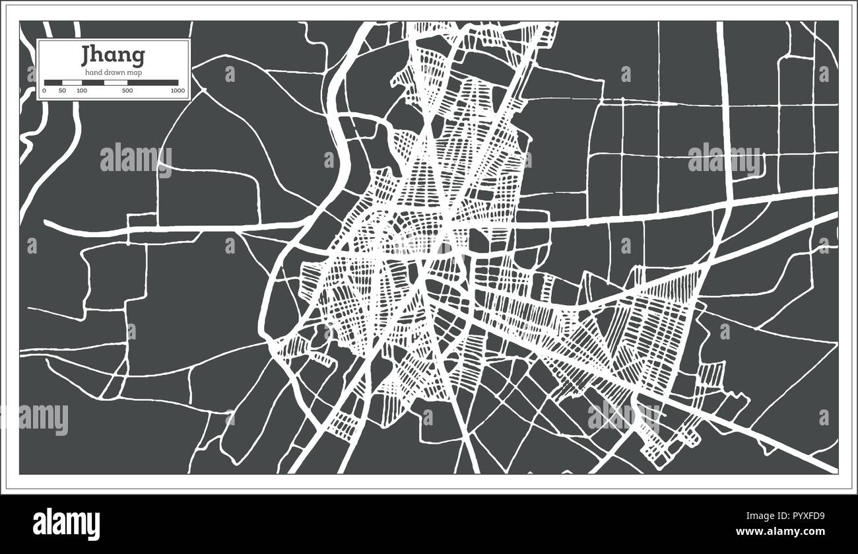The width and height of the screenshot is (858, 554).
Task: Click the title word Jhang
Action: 113,56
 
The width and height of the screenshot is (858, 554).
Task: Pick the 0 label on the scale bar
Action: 44,90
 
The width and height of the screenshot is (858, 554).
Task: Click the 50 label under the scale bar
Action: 62,90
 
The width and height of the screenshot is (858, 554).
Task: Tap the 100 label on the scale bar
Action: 81,90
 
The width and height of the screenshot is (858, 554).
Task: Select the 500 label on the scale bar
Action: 127,90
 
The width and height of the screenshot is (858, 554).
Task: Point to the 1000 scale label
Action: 177,90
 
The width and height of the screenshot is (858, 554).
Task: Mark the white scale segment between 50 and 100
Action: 72,83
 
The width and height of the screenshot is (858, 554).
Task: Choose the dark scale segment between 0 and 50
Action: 53,83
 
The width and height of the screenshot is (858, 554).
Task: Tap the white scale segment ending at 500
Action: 115,83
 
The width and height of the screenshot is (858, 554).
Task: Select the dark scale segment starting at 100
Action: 92,83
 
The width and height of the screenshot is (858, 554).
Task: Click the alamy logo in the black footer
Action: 66,524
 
